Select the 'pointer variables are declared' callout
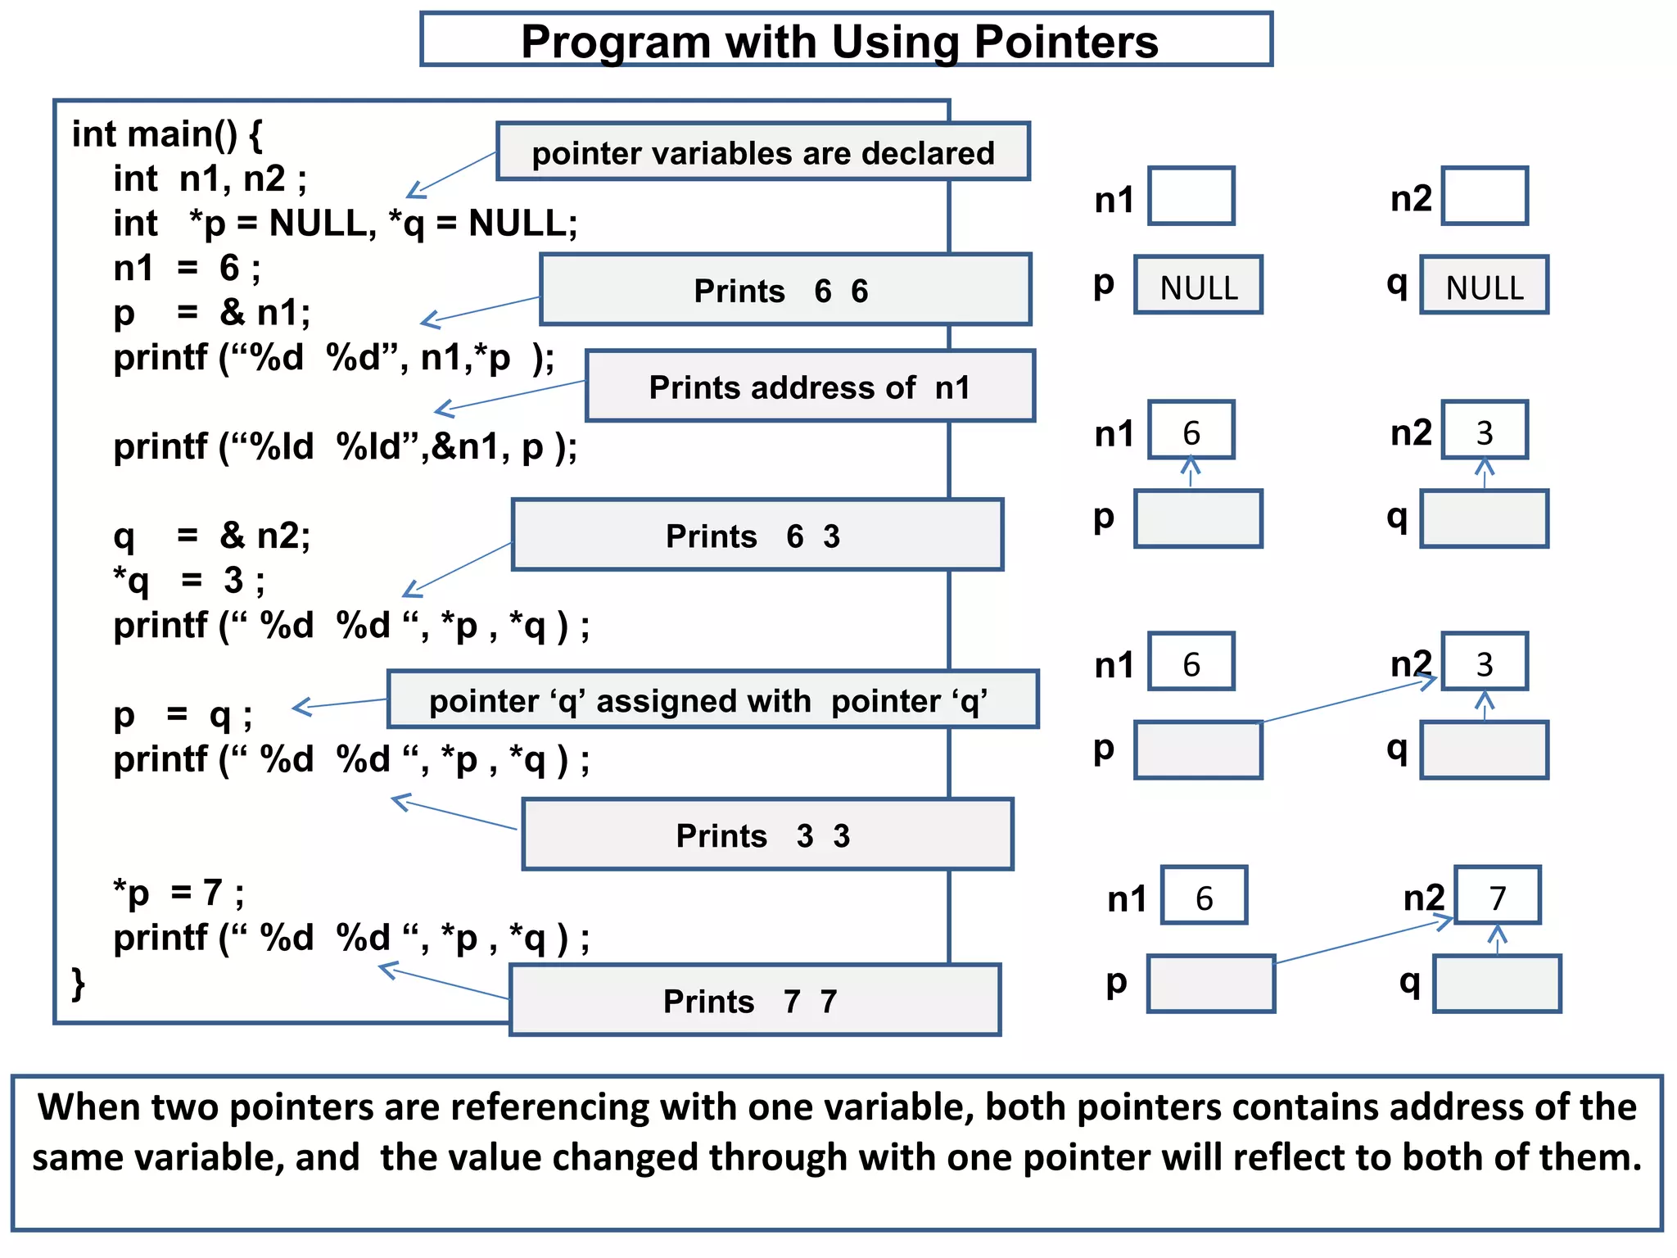pos(762,152)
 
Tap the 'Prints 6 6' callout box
pos(784,291)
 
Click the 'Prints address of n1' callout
pos(810,387)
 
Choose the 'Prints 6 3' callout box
pos(757,536)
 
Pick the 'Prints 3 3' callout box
pos(766,835)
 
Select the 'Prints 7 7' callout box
pos(754,1001)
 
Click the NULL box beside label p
pos(1198,286)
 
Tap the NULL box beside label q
pos(1484,286)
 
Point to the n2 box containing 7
pos(1497,896)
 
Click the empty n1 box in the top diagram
pos(1191,197)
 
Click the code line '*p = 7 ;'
pos(179,893)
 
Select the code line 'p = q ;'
pos(183,715)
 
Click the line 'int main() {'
pos(167,133)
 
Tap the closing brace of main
pos(79,982)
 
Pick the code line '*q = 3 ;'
pos(189,581)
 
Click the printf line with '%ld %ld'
pos(345,447)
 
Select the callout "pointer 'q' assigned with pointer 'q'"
pos(711,700)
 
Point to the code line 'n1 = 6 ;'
pos(187,268)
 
